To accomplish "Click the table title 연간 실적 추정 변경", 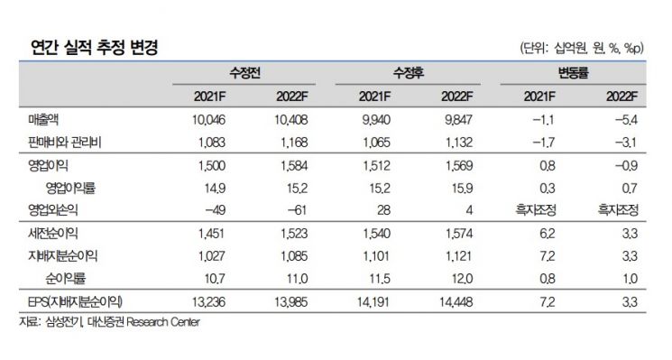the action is tap(95, 47).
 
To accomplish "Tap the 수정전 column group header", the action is tap(244, 73).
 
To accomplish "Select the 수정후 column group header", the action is tap(409, 73).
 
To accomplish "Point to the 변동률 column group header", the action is tap(574, 73).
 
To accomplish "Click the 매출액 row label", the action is tap(43, 120).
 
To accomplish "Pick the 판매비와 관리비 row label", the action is tap(65, 142).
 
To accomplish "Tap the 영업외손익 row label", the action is tap(53, 209).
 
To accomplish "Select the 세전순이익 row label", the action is tap(53, 233).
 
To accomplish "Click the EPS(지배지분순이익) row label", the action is tap(75, 301).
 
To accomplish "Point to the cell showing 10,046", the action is tap(208, 120).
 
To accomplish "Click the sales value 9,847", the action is tap(458, 120).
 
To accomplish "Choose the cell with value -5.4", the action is tap(626, 120).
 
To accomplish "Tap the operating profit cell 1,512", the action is tap(377, 165).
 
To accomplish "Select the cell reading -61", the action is tap(294, 210).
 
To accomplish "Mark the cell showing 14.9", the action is tap(216, 189).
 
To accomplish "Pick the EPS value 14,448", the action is tap(456, 302).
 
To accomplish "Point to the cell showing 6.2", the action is tap(548, 233).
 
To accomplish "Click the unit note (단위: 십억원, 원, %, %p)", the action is tap(582, 48).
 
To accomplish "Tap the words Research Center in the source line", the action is tap(163, 322).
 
